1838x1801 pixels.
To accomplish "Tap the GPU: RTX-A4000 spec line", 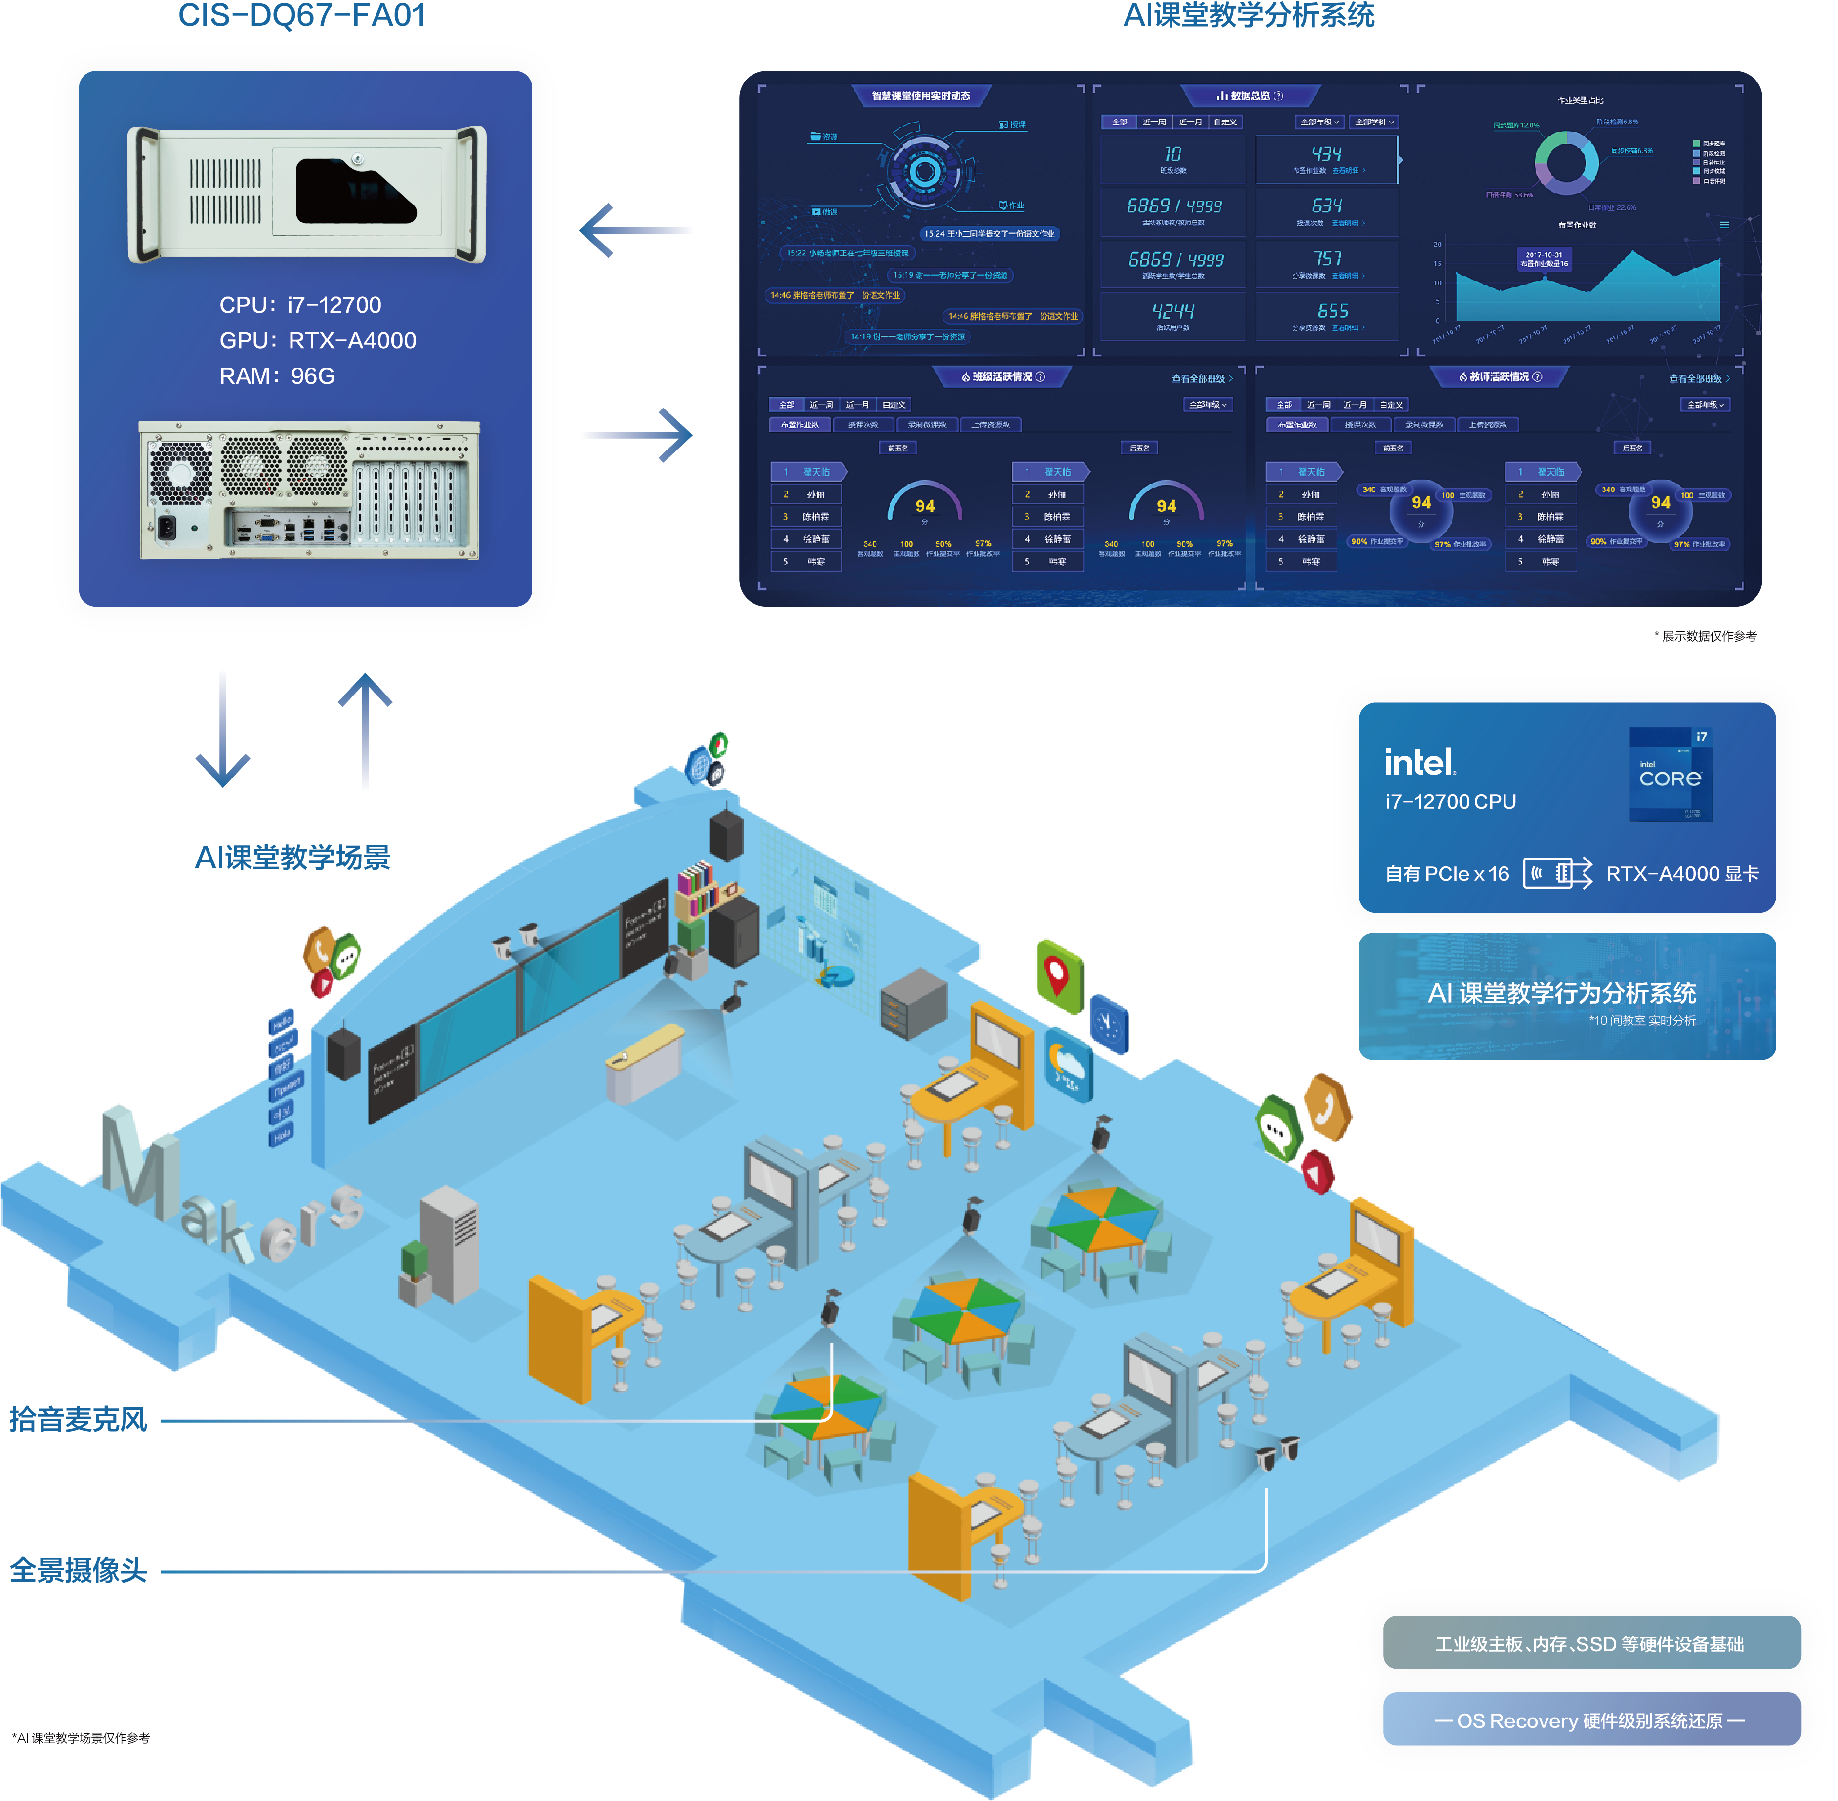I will click(x=318, y=340).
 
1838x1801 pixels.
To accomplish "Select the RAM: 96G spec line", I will click(x=277, y=376).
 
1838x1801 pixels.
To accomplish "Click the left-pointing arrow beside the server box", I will click(x=634, y=230).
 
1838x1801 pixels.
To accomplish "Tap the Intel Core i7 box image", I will click(x=1671, y=774).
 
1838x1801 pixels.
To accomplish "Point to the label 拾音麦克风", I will click(x=79, y=1419).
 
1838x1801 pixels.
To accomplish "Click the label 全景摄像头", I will click(x=79, y=1570).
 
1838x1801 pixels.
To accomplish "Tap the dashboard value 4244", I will click(x=1173, y=311).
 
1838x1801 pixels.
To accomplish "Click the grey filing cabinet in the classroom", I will click(x=913, y=1003).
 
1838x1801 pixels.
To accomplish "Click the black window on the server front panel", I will click(x=355, y=191).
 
